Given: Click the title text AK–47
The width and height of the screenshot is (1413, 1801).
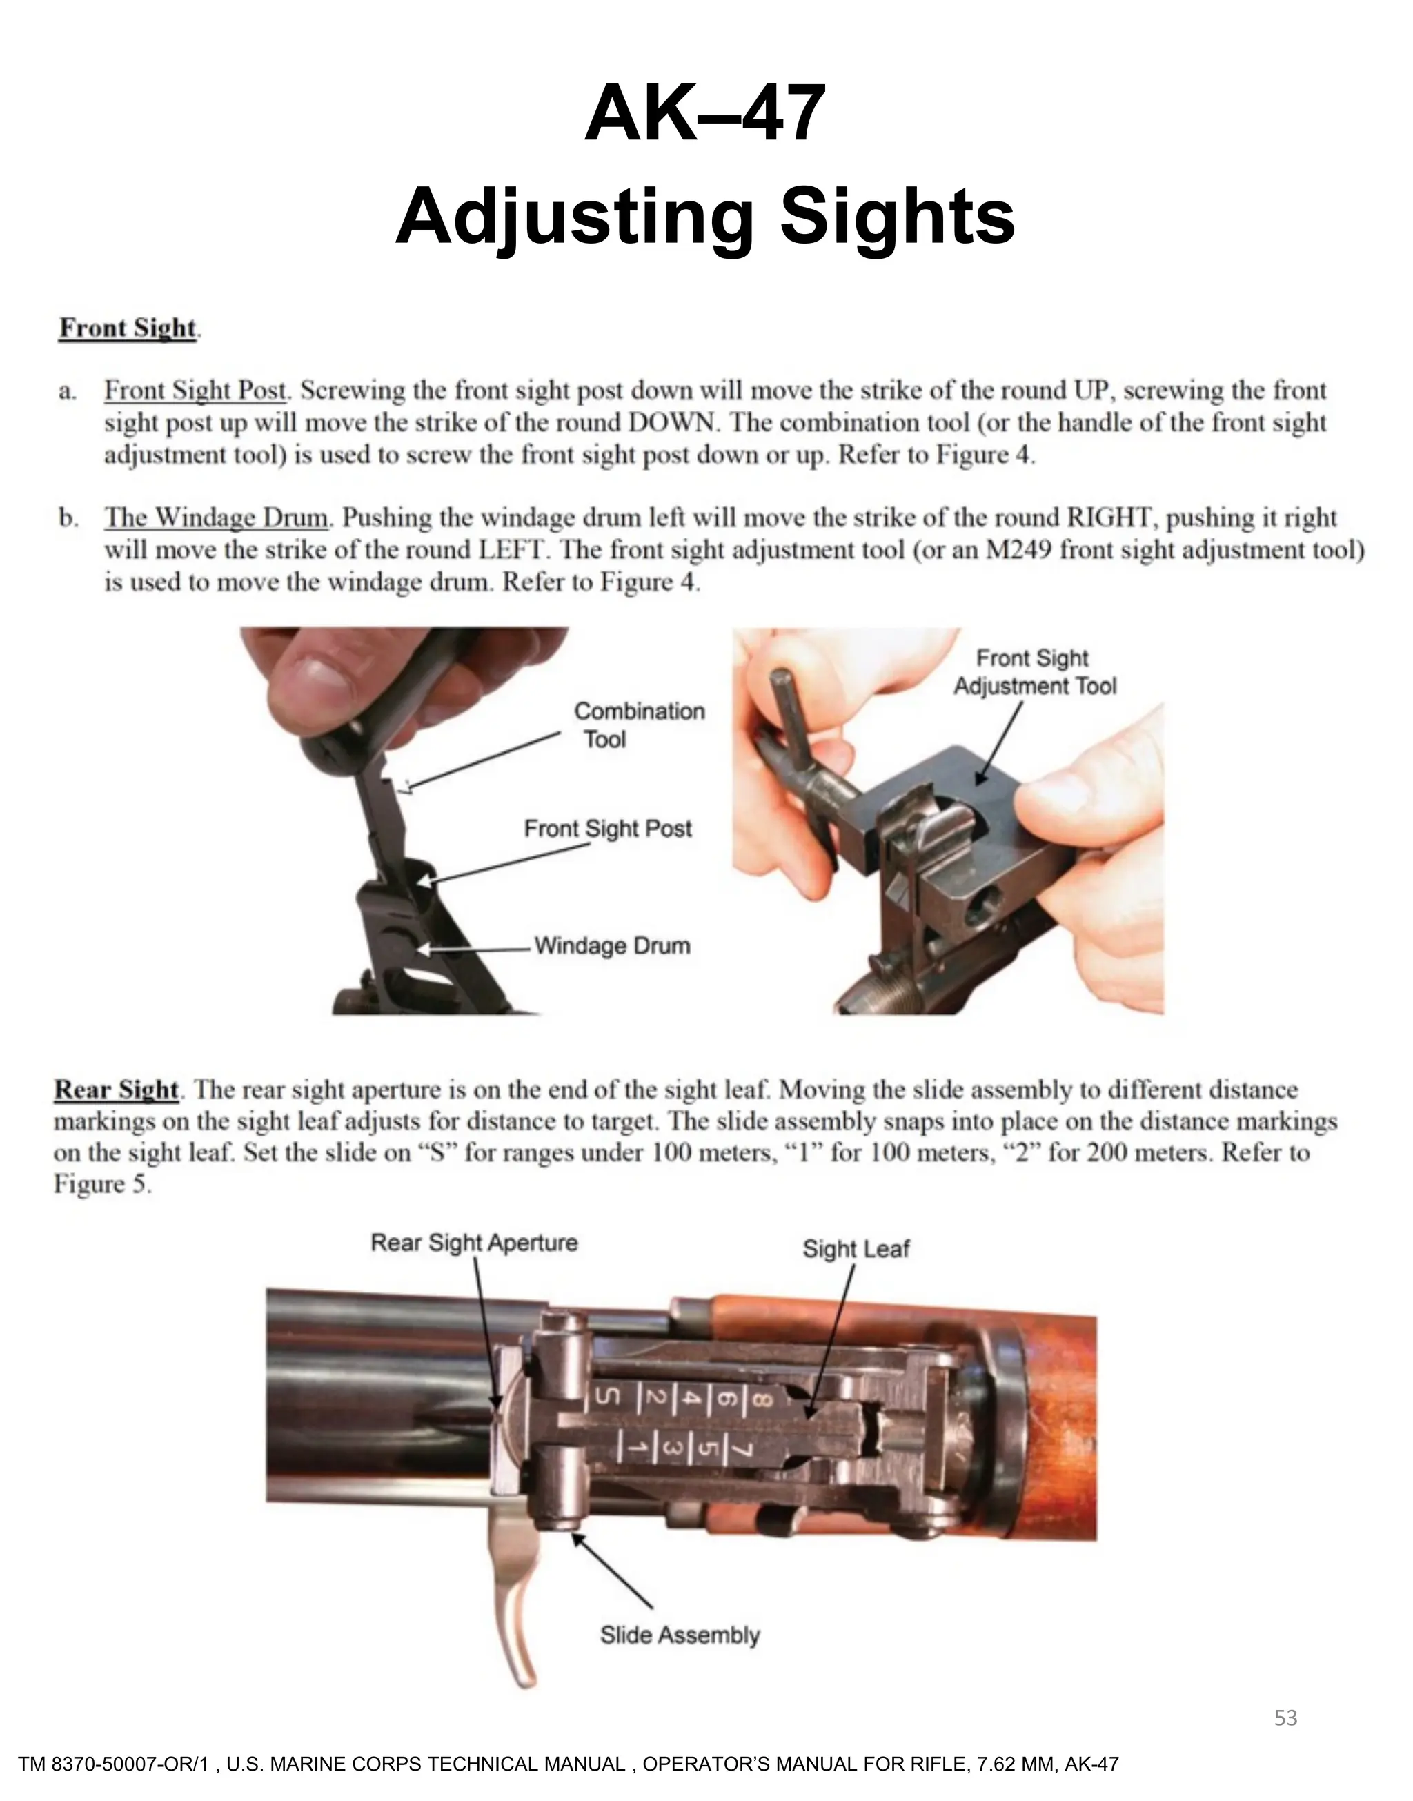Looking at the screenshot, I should click(x=705, y=114).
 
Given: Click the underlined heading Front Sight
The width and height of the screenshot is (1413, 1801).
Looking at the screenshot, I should click(x=128, y=328).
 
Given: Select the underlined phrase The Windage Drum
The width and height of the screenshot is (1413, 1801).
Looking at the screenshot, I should click(x=216, y=519).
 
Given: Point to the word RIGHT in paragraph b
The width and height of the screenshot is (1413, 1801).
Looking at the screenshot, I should click(x=1111, y=519).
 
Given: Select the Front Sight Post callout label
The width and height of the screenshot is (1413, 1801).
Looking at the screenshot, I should click(x=607, y=829).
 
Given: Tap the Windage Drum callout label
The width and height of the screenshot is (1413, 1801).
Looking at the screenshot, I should click(x=612, y=945).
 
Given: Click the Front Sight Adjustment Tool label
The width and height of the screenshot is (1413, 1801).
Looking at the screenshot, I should click(x=1034, y=672).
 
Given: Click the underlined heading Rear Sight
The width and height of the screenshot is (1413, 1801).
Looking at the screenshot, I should click(x=117, y=1090).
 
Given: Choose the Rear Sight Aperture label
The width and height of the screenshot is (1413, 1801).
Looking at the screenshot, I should click(x=473, y=1243).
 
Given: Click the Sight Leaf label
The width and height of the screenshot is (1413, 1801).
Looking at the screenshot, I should click(x=856, y=1248).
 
